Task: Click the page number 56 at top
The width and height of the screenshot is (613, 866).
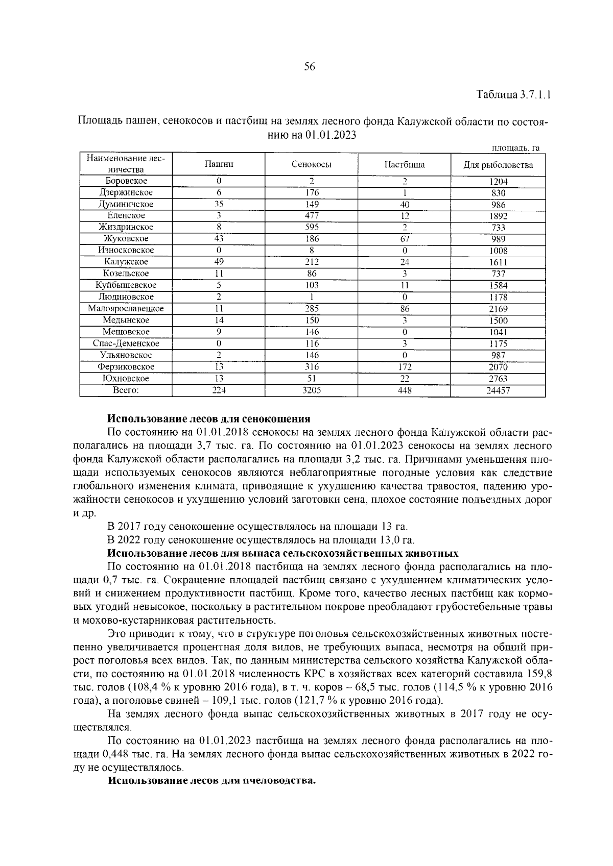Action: pos(310,67)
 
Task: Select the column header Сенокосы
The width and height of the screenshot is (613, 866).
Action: pos(312,165)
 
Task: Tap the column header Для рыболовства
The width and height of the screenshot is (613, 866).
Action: pos(498,165)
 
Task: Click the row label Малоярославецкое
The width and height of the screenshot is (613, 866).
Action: pos(126,309)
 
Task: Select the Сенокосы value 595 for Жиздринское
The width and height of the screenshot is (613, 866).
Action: pos(312,227)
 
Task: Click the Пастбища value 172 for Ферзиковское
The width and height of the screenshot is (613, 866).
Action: pos(404,367)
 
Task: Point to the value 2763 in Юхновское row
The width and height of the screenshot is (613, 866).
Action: pos(498,379)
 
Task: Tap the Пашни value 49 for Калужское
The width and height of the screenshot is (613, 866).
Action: pos(219,262)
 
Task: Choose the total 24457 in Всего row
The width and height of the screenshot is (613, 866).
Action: pos(498,390)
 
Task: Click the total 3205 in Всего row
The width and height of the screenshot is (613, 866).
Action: pos(312,390)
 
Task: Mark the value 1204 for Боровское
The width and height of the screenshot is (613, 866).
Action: pos(498,181)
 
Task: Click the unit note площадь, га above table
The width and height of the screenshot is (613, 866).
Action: pos(515,148)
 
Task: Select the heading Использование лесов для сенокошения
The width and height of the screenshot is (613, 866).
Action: pos(209,419)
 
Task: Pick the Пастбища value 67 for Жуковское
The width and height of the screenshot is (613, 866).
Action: pos(404,239)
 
